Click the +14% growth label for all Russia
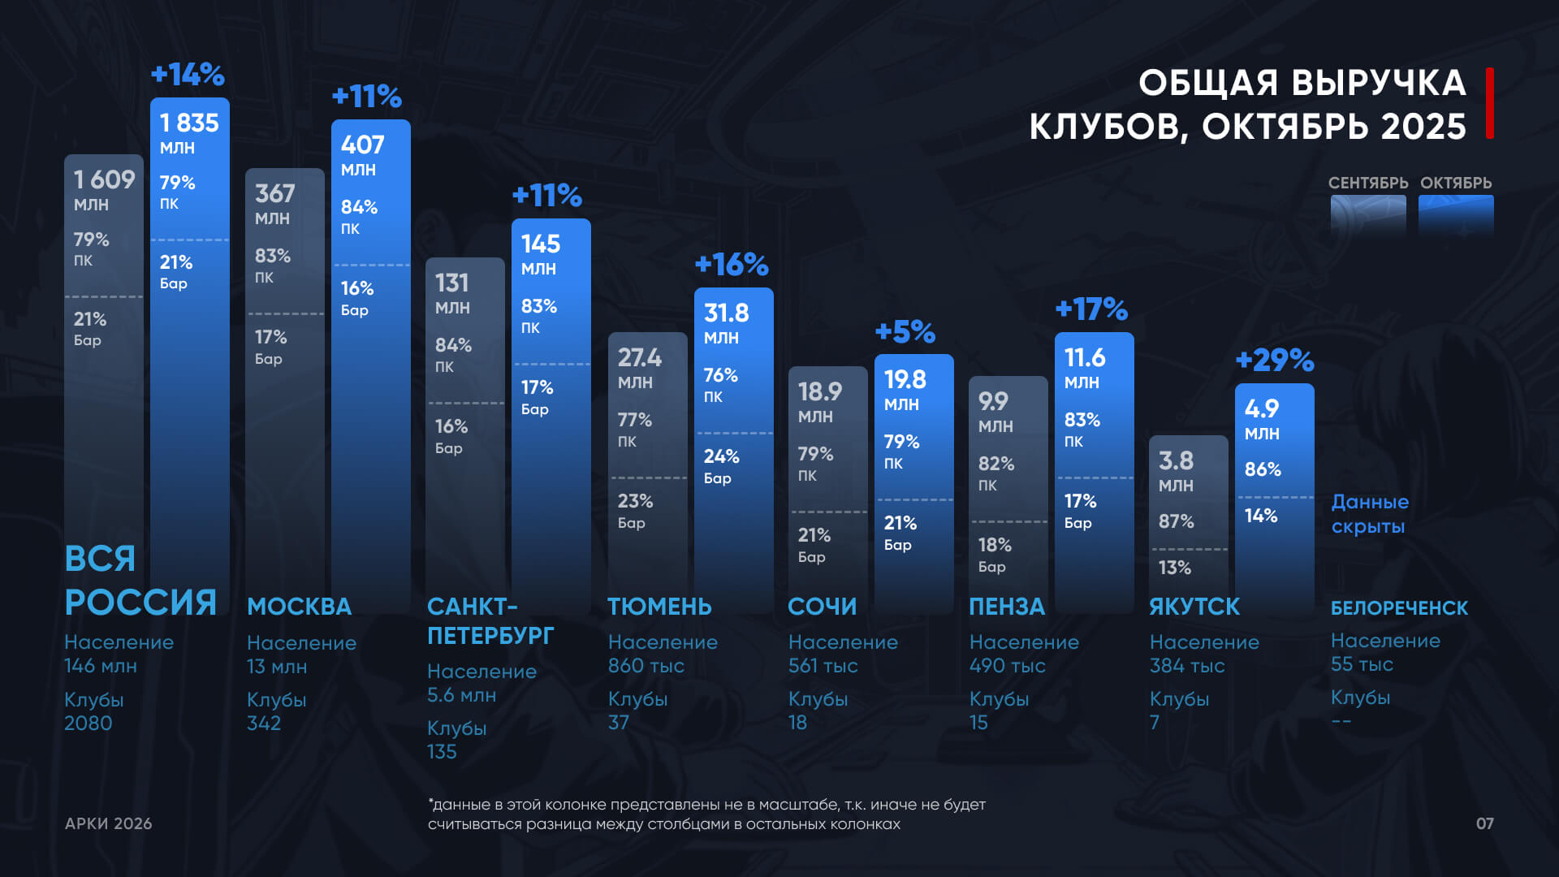click(x=188, y=75)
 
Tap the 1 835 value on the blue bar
click(x=189, y=123)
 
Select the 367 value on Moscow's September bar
click(x=274, y=193)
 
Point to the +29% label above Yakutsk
click(x=1274, y=360)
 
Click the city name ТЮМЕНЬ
click(x=659, y=607)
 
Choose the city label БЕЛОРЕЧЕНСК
click(x=1399, y=607)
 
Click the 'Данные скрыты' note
click(x=1370, y=514)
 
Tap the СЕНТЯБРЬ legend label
click(x=1368, y=183)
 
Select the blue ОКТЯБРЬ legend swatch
click(x=1456, y=215)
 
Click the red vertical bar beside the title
click(x=1490, y=103)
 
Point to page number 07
click(x=1484, y=823)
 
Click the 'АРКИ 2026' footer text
click(x=108, y=823)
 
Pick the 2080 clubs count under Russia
click(x=88, y=723)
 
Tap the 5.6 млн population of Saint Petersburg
click(x=461, y=695)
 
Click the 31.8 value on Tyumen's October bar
click(x=726, y=313)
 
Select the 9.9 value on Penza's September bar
click(x=992, y=401)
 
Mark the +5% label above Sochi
click(x=905, y=331)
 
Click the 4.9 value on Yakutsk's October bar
click(x=1261, y=408)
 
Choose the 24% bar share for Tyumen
click(x=721, y=456)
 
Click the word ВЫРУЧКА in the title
click(x=1378, y=83)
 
